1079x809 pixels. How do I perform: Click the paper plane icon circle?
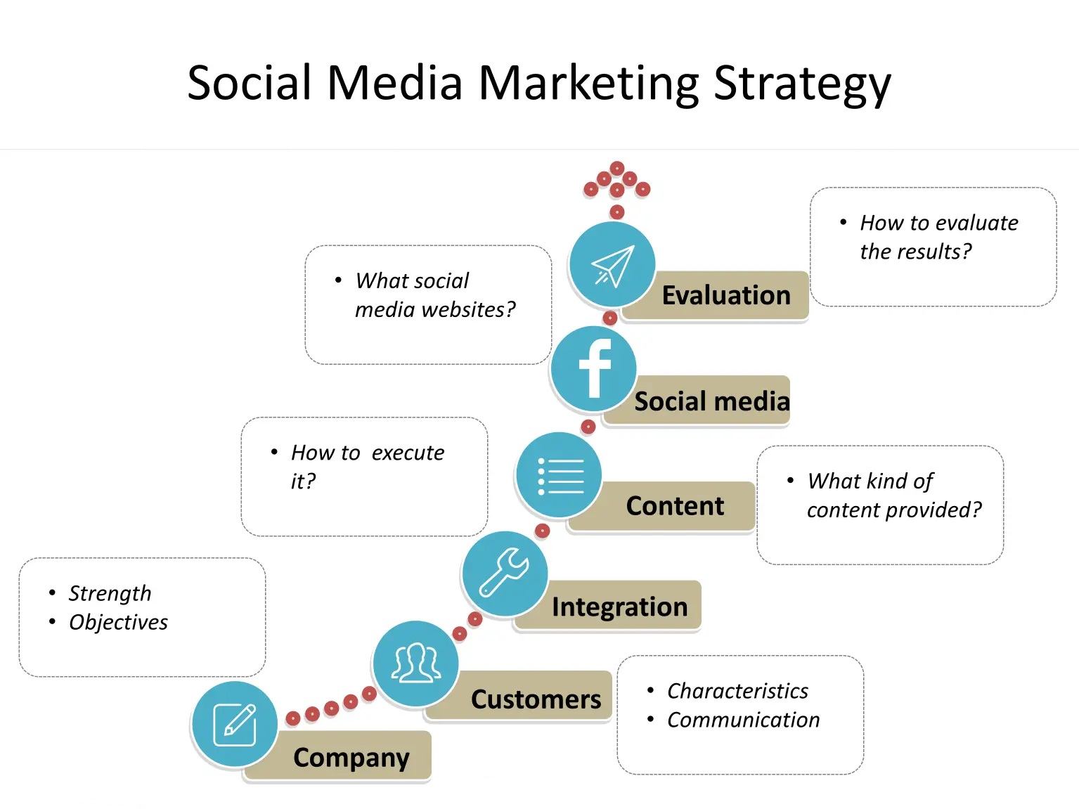(612, 264)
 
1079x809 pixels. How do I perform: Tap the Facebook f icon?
(594, 368)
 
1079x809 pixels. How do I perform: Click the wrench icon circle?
(505, 574)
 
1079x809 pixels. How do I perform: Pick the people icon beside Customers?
(416, 664)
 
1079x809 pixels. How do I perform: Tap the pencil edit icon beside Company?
(235, 724)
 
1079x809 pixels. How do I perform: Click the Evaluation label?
(726, 295)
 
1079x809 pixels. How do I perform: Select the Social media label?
(712, 401)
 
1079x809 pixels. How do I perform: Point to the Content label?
(675, 506)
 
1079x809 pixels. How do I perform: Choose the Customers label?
(536, 699)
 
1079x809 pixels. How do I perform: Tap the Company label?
(351, 758)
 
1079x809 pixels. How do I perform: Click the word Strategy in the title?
(802, 84)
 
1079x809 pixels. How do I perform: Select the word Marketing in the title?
(588, 84)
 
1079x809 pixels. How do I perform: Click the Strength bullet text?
(110, 593)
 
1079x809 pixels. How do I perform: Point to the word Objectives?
(118, 622)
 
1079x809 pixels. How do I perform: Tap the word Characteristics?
(737, 691)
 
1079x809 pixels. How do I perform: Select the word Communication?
(743, 720)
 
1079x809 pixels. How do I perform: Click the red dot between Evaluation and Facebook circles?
(610, 318)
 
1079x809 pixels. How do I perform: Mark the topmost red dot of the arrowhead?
(617, 168)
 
